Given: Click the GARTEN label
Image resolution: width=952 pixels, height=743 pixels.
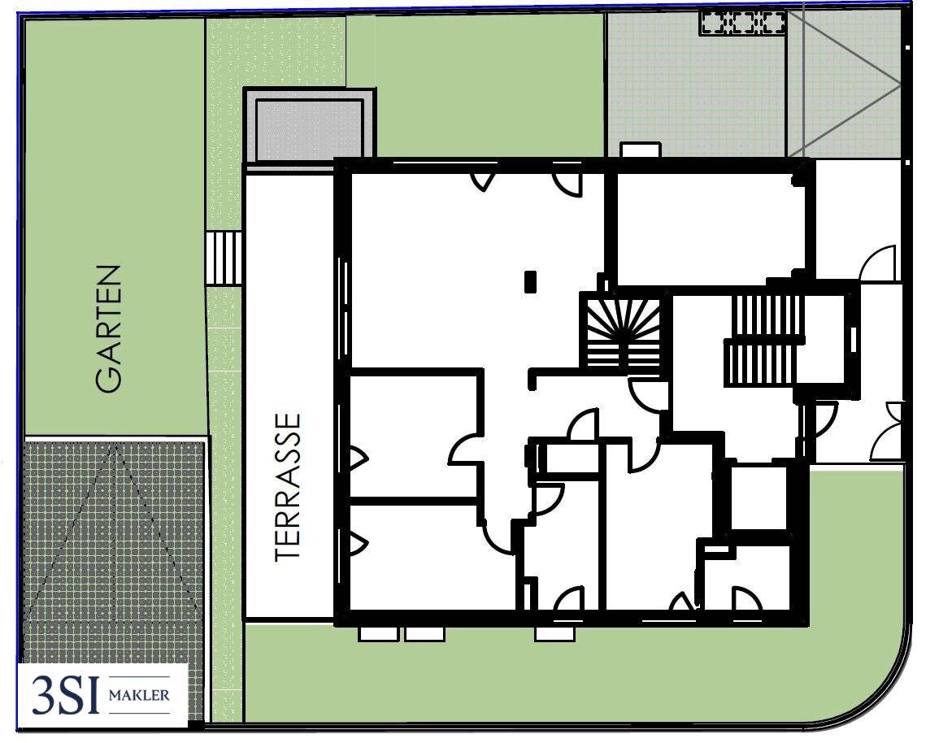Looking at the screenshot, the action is (109, 328).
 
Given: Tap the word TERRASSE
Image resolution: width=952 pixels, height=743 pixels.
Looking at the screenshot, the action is (288, 487).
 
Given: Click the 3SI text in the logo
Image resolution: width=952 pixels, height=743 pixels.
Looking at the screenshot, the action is (66, 695).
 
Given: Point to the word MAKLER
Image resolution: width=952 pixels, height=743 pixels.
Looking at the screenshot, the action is (139, 695).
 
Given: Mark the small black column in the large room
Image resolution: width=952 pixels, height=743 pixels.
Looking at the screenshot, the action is (531, 281).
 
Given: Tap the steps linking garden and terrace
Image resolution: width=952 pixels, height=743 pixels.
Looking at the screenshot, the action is (224, 258).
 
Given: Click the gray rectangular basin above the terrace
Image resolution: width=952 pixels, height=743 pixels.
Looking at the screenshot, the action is (309, 126).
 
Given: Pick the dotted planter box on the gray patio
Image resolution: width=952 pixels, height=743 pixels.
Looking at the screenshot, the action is (742, 23).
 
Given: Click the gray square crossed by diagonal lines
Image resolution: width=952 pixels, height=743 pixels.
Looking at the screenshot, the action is (843, 84).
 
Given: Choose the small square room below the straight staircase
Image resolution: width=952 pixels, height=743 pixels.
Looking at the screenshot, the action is (759, 497).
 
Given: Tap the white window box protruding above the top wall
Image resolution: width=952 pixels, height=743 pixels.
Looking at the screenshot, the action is (640, 150).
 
